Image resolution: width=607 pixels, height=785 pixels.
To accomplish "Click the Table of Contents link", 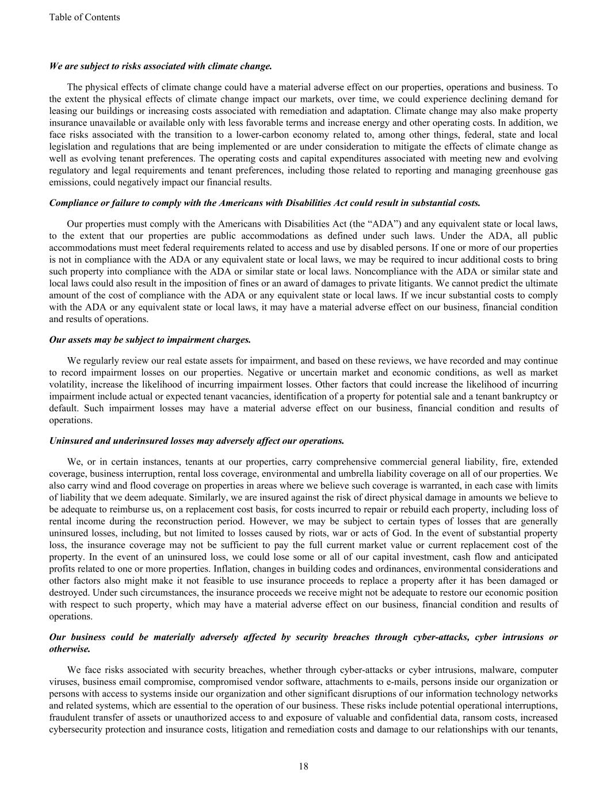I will [85, 17].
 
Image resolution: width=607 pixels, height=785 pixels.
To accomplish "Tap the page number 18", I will [303, 766].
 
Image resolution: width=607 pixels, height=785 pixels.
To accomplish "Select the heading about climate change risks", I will [161, 66].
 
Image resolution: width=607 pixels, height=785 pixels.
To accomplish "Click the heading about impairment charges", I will [150, 339].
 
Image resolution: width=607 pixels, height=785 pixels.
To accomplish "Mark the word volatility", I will [67, 384].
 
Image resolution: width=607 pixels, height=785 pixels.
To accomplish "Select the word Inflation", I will [311, 569].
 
